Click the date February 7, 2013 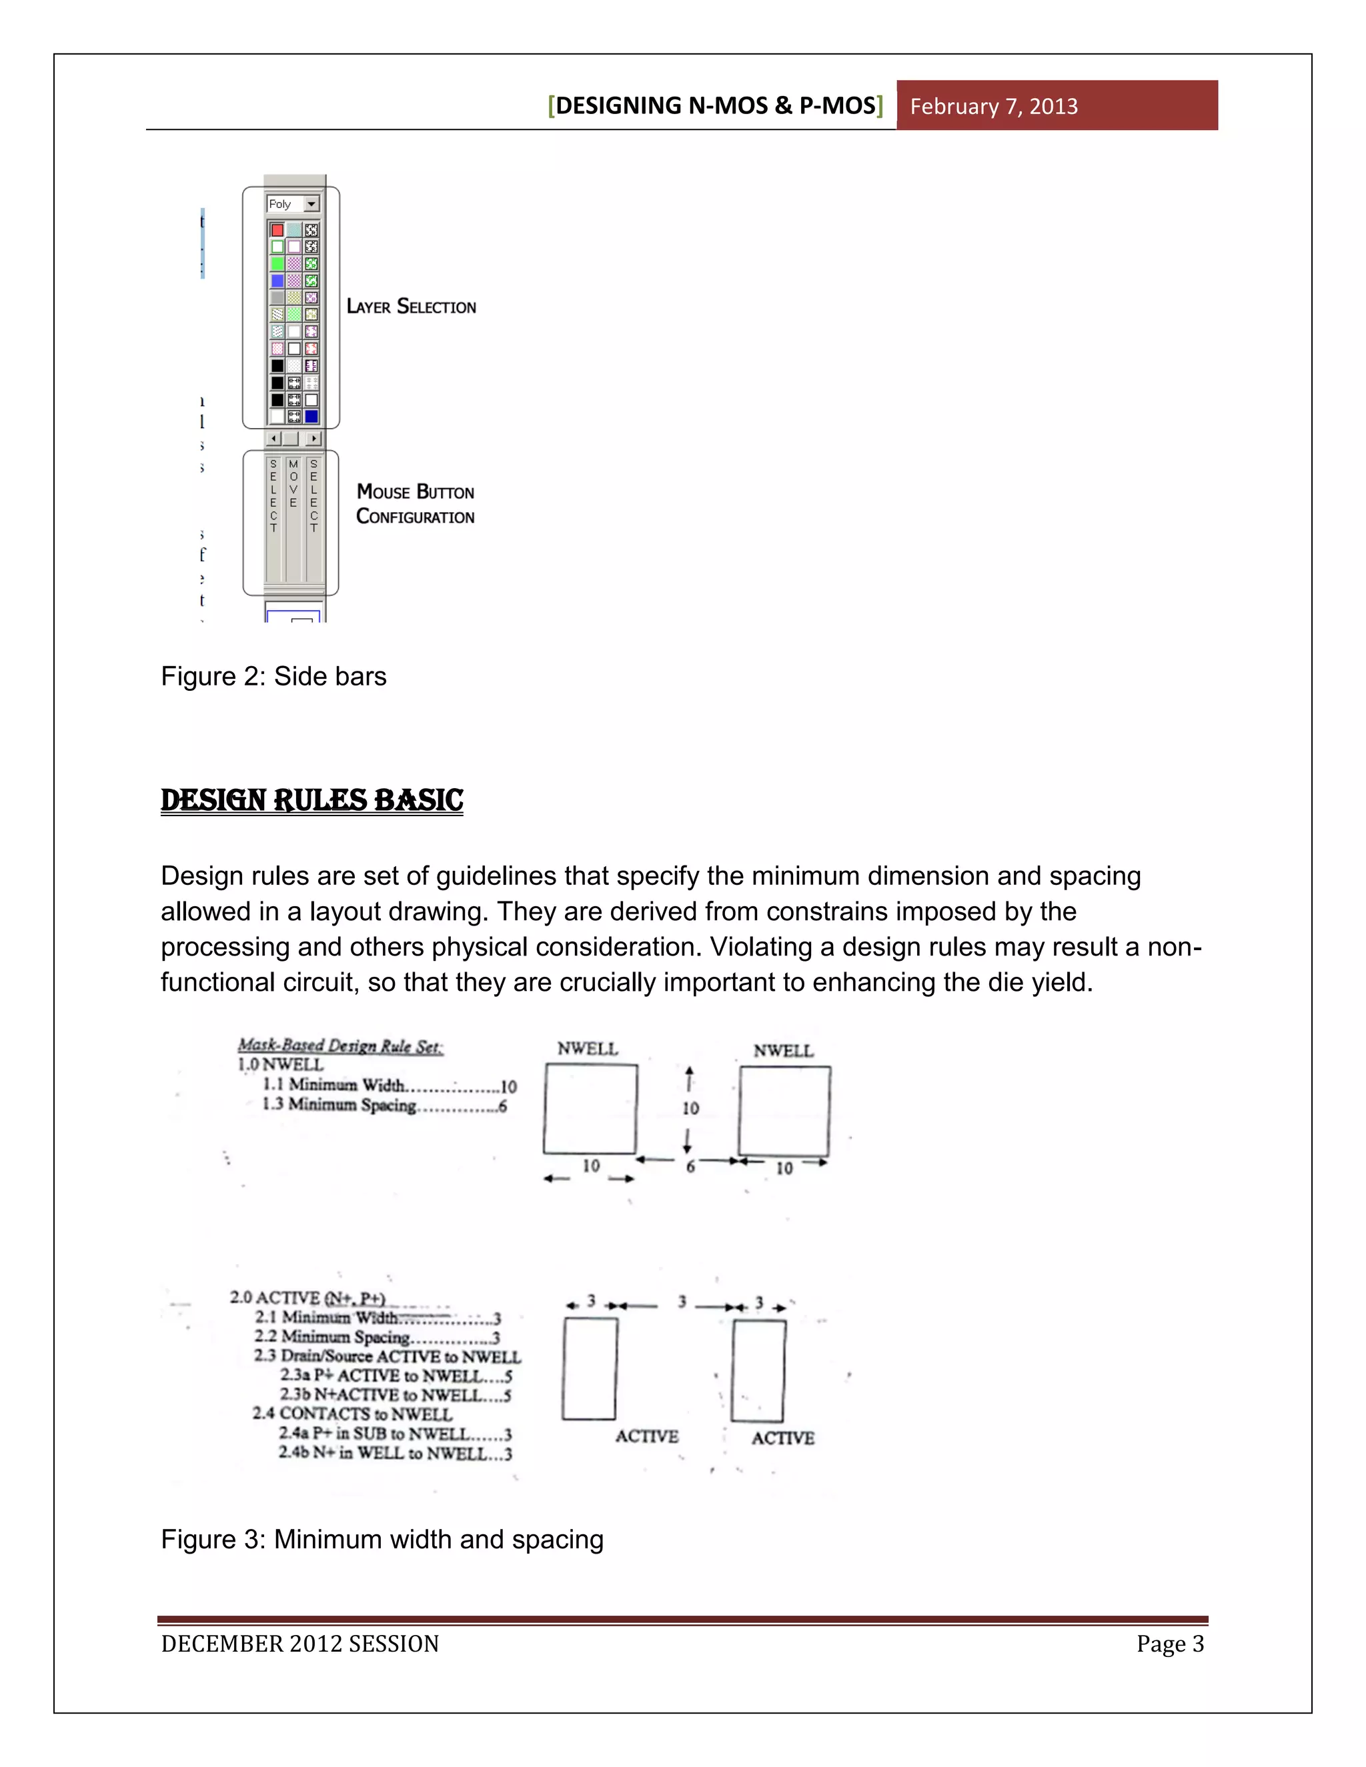(993, 106)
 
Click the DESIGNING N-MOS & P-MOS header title (716, 105)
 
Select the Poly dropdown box (293, 204)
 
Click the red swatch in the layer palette (277, 230)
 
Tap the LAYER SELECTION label (411, 307)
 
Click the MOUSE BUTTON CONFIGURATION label (415, 504)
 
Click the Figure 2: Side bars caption (273, 675)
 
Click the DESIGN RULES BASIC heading (311, 800)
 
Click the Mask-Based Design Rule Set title (340, 1046)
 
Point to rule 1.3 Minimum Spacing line (384, 1105)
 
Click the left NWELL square (590, 1108)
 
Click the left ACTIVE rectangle (589, 1368)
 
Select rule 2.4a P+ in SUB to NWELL (395, 1434)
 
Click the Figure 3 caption (382, 1538)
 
